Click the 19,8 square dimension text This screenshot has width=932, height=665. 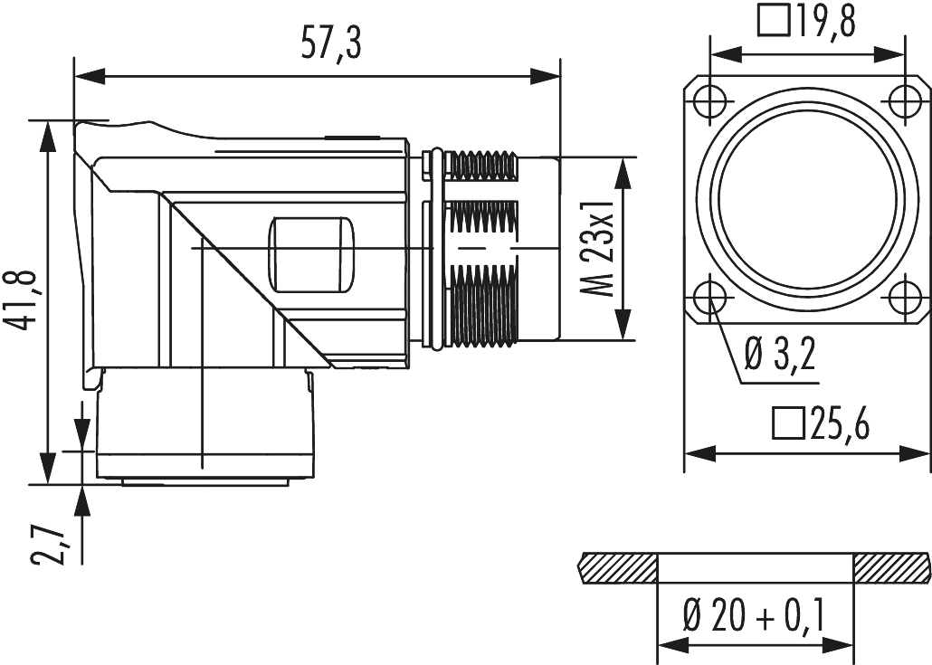point(823,19)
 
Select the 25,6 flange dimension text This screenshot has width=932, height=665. point(838,423)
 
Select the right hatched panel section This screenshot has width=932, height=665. point(890,568)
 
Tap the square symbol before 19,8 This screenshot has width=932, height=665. point(774,19)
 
